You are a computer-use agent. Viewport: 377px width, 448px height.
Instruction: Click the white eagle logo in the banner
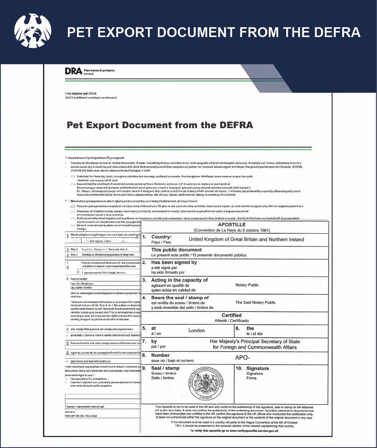[x=32, y=31]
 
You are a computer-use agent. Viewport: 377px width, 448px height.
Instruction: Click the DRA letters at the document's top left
[x=73, y=71]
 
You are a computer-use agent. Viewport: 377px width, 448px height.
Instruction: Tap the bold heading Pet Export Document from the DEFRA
[x=160, y=125]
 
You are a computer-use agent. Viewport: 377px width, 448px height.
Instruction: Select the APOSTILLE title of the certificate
[x=232, y=225]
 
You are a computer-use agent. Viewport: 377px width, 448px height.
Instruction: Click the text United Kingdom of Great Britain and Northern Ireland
[x=246, y=239]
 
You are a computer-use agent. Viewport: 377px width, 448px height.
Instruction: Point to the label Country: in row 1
[x=161, y=237]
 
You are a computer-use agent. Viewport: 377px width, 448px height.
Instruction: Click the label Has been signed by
[x=174, y=262]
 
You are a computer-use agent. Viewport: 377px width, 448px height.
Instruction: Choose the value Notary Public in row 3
[x=247, y=285]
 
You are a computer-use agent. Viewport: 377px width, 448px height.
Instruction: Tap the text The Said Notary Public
[x=255, y=302]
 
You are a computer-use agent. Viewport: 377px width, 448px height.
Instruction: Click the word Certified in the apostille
[x=232, y=315]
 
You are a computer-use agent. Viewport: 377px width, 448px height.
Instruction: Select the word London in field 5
[x=196, y=330]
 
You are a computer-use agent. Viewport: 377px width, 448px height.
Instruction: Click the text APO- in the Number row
[x=243, y=358]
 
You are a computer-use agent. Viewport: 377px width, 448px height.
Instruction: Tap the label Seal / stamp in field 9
[x=165, y=368]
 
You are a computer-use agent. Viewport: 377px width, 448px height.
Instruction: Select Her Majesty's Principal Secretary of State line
[x=255, y=341]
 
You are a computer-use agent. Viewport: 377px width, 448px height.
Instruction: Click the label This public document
[x=176, y=250]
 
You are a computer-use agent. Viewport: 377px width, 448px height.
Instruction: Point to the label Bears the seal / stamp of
[x=180, y=298]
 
